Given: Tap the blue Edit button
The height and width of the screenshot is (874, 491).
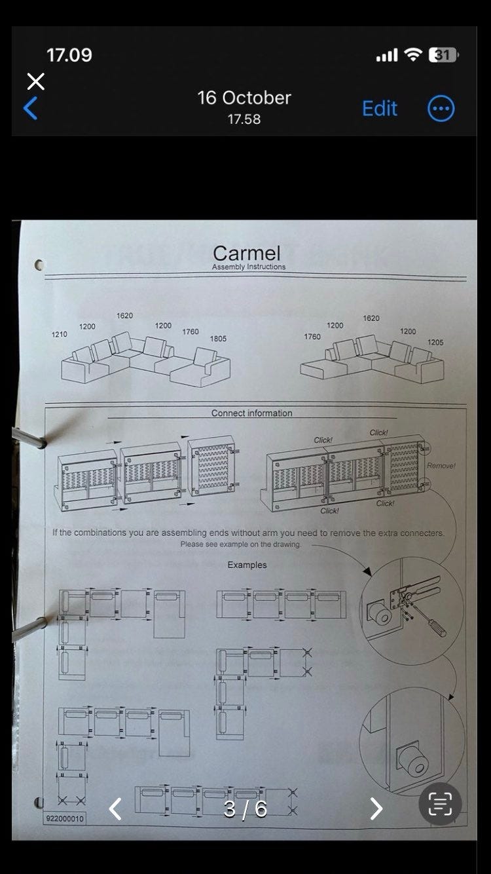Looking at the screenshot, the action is (380, 108).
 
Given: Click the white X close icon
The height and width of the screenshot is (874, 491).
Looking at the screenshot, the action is (36, 81).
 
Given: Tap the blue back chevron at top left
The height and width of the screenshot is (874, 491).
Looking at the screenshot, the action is (30, 108).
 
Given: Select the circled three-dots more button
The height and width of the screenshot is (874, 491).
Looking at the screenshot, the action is (441, 109).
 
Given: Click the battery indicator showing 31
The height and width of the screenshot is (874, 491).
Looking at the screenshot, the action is (443, 54).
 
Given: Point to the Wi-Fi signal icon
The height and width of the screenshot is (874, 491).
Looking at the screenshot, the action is (412, 54).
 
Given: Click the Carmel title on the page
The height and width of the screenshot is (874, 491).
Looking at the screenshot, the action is (246, 254).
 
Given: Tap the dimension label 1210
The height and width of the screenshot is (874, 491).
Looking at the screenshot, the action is (60, 334).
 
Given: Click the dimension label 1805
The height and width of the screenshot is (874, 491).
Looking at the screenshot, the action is (218, 339).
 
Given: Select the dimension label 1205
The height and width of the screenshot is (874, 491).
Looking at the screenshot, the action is (435, 342).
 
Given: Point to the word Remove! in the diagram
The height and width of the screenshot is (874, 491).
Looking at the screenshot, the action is (441, 465).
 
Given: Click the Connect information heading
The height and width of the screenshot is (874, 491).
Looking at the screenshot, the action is (251, 413).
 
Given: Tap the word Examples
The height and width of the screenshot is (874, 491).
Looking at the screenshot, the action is (247, 565).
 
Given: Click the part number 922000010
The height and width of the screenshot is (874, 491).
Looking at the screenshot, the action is (65, 818).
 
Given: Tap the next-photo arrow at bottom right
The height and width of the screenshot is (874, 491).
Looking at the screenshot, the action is (376, 808).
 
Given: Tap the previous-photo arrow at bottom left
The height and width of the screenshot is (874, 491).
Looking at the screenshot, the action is (115, 808).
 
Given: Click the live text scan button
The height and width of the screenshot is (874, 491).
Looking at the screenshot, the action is (440, 804).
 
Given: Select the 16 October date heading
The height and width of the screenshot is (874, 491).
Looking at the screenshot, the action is (244, 98).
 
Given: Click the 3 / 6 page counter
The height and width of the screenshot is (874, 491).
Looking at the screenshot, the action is (245, 809).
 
